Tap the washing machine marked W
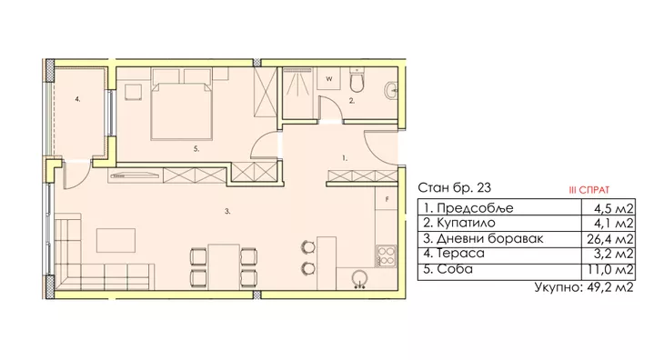tap(329, 79)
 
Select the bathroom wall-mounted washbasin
tap(391, 90)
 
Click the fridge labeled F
tap(387, 199)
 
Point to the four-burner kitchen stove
tap(387, 255)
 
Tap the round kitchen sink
tap(359, 279)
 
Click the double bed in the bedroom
tap(181, 111)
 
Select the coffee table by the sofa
tap(116, 241)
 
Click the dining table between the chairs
tap(224, 266)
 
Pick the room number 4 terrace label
tap(77, 99)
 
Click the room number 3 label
tap(227, 212)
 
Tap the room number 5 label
tap(196, 149)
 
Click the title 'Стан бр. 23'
tap(455, 187)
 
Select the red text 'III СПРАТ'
tap(589, 190)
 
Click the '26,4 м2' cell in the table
tap(610, 239)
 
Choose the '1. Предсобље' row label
tap(468, 208)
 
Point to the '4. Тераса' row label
tap(454, 254)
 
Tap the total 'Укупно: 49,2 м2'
tap(584, 287)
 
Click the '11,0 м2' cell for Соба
tap(611, 269)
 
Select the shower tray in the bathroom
tap(297, 93)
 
